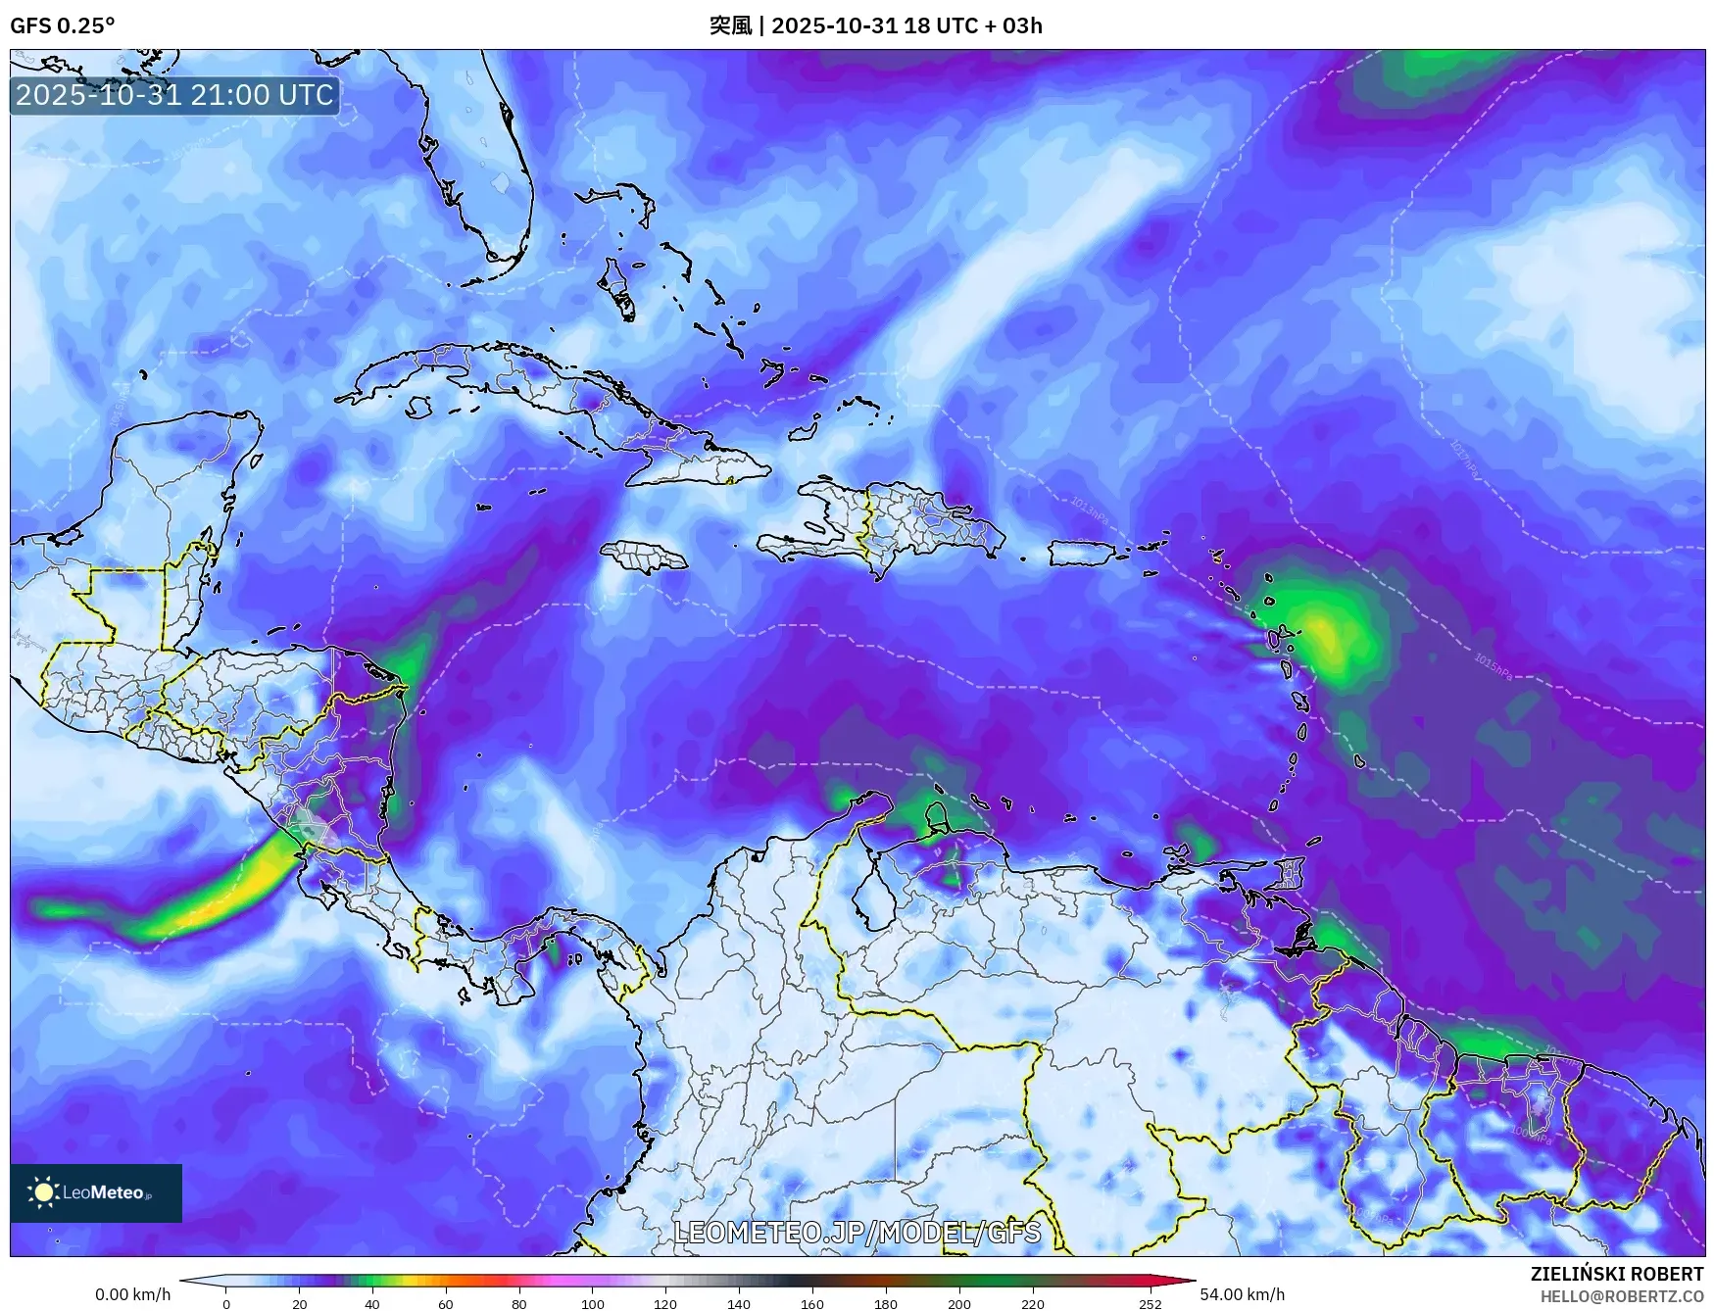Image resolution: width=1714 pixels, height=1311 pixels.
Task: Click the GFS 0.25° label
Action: click(x=62, y=25)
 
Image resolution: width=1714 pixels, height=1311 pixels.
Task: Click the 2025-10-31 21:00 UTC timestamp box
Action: click(x=174, y=95)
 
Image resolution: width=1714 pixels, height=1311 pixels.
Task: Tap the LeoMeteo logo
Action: click(x=95, y=1192)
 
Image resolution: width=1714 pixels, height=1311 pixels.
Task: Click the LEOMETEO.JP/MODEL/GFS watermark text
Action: click(x=857, y=1231)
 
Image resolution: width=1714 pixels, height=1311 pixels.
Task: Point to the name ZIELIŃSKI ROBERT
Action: click(x=1617, y=1274)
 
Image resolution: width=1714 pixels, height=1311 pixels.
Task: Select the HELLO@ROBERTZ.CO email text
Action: click(x=1621, y=1295)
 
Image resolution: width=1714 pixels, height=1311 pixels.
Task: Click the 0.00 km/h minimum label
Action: click(x=132, y=1294)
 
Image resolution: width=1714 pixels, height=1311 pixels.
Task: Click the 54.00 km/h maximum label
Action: click(x=1242, y=1294)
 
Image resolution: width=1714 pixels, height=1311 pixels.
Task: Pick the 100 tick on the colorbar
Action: click(x=592, y=1304)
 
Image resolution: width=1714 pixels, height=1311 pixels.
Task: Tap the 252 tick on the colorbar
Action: click(x=1151, y=1304)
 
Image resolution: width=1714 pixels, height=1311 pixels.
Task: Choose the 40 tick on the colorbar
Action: click(x=372, y=1304)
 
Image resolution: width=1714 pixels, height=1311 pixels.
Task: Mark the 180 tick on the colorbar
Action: click(x=885, y=1304)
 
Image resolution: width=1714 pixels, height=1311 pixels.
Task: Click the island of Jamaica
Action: click(x=643, y=557)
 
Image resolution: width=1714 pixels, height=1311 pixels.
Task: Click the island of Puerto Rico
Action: click(x=1082, y=553)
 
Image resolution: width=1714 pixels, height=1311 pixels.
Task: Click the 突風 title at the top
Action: click(x=729, y=25)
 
